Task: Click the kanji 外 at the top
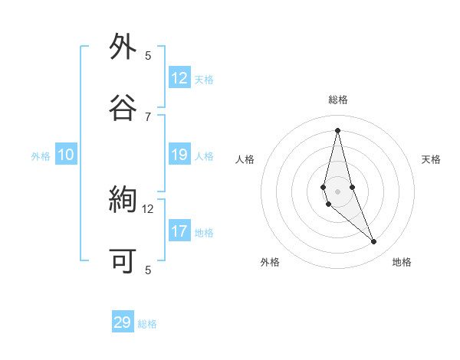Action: click(x=123, y=47)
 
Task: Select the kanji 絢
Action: click(x=123, y=201)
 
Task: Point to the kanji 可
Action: click(x=123, y=261)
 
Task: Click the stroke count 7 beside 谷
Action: click(x=148, y=116)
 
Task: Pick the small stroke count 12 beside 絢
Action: click(x=148, y=208)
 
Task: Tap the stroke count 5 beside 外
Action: click(x=148, y=55)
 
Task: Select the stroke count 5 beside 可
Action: click(x=148, y=270)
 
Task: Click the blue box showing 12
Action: click(x=179, y=78)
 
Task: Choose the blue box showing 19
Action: click(x=179, y=155)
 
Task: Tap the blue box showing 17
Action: click(x=179, y=231)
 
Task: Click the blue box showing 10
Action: click(x=66, y=155)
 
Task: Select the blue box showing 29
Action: click(x=123, y=322)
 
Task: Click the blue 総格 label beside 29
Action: click(x=148, y=324)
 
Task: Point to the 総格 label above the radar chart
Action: click(x=338, y=100)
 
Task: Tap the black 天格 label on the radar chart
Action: click(x=432, y=159)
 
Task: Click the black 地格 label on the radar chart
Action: click(x=402, y=262)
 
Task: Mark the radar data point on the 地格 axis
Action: click(x=374, y=241)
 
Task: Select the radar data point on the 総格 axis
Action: click(x=338, y=129)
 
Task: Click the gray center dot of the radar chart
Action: click(x=338, y=191)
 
